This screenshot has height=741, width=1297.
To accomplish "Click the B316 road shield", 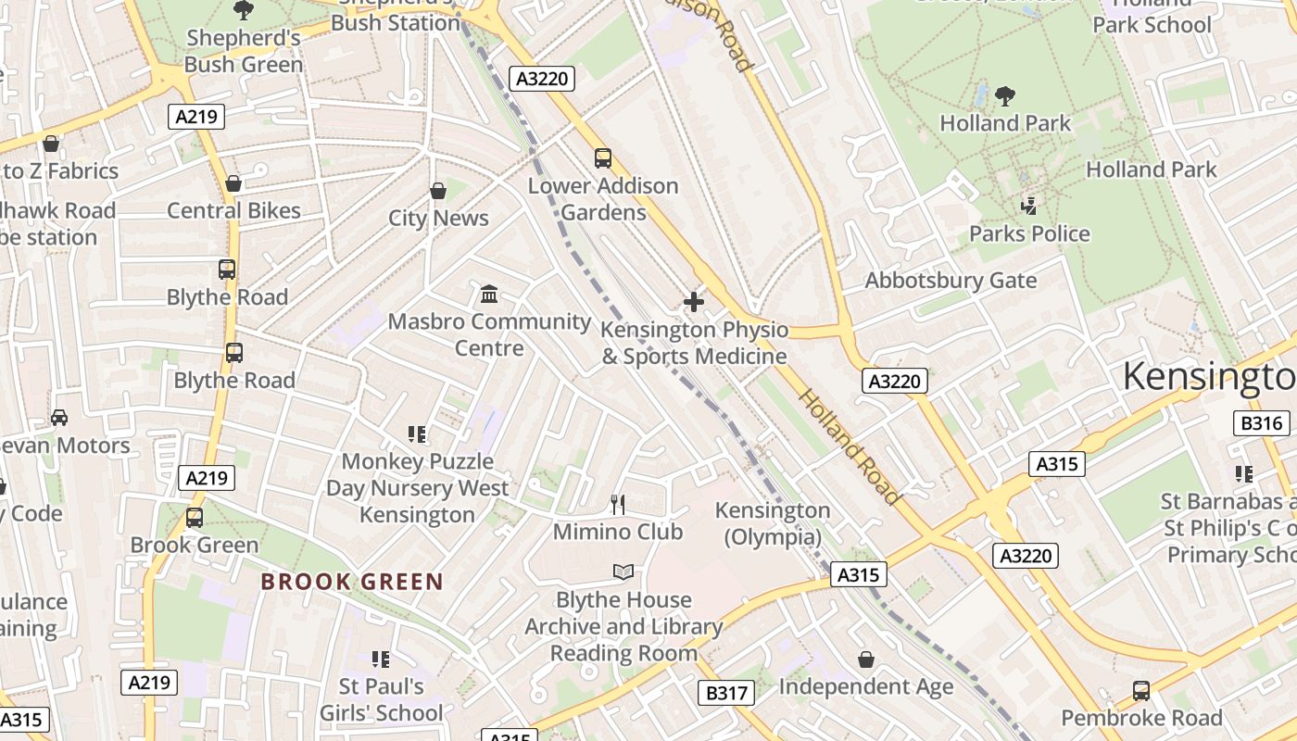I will click(1262, 423).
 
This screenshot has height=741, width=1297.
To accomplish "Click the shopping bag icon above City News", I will click(438, 191).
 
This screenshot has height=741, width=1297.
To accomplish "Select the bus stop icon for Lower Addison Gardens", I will click(603, 158).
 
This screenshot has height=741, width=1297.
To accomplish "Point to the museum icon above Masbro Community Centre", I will click(489, 295).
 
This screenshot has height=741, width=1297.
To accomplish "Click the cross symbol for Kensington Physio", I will click(693, 302).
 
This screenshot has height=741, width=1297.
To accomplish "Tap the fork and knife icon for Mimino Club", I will click(618, 504).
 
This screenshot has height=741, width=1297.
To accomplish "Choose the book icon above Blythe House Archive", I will click(623, 572).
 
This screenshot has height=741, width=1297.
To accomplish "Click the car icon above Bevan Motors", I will click(59, 418).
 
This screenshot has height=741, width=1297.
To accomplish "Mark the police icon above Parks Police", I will click(1028, 206).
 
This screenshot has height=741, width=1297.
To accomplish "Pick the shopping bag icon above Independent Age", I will click(865, 659).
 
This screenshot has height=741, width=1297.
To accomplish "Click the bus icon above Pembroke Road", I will click(1141, 691).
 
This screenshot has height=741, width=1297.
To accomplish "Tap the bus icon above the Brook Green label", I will click(195, 518).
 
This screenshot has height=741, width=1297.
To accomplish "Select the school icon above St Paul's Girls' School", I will click(380, 659).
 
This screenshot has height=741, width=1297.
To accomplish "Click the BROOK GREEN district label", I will click(352, 582).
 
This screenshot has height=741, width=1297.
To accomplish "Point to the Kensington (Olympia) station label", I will click(773, 523).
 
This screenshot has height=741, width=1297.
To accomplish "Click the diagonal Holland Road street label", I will click(849, 446).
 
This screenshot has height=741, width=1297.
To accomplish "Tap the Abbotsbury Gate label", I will click(951, 281).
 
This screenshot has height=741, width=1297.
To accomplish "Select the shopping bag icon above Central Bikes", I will click(233, 183).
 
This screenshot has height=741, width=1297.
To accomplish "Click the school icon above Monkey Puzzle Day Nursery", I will click(417, 433).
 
